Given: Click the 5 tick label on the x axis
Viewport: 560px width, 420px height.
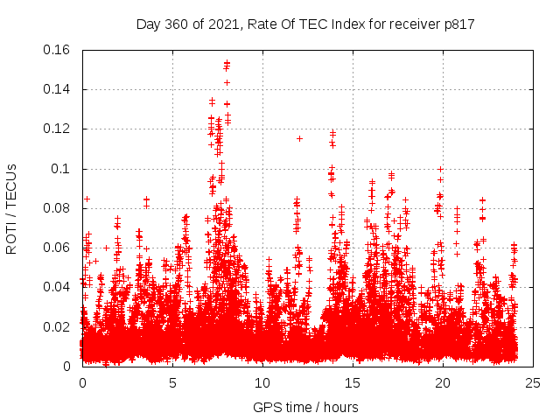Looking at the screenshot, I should click(172, 383).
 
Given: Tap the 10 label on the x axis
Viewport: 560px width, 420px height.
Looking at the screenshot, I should click(262, 383).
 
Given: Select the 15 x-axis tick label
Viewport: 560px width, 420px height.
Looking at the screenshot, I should click(353, 383).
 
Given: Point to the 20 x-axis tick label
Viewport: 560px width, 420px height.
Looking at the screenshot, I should click(443, 383).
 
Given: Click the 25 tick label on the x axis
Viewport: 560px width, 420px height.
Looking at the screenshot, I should click(533, 383).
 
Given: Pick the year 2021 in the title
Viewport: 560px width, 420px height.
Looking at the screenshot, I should click(222, 24).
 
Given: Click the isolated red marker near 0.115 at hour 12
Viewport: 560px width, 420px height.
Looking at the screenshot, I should click(299, 138).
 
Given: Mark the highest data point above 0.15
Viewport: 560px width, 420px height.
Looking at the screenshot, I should click(227, 63).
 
